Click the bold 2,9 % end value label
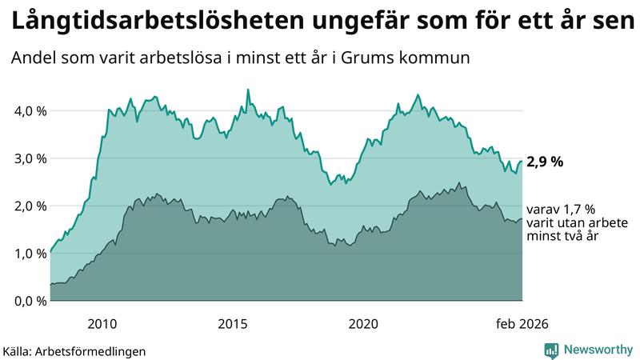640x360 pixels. coord(545,162)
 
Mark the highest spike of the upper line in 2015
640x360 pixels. coord(247,90)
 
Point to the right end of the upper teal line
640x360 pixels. coord(522,162)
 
